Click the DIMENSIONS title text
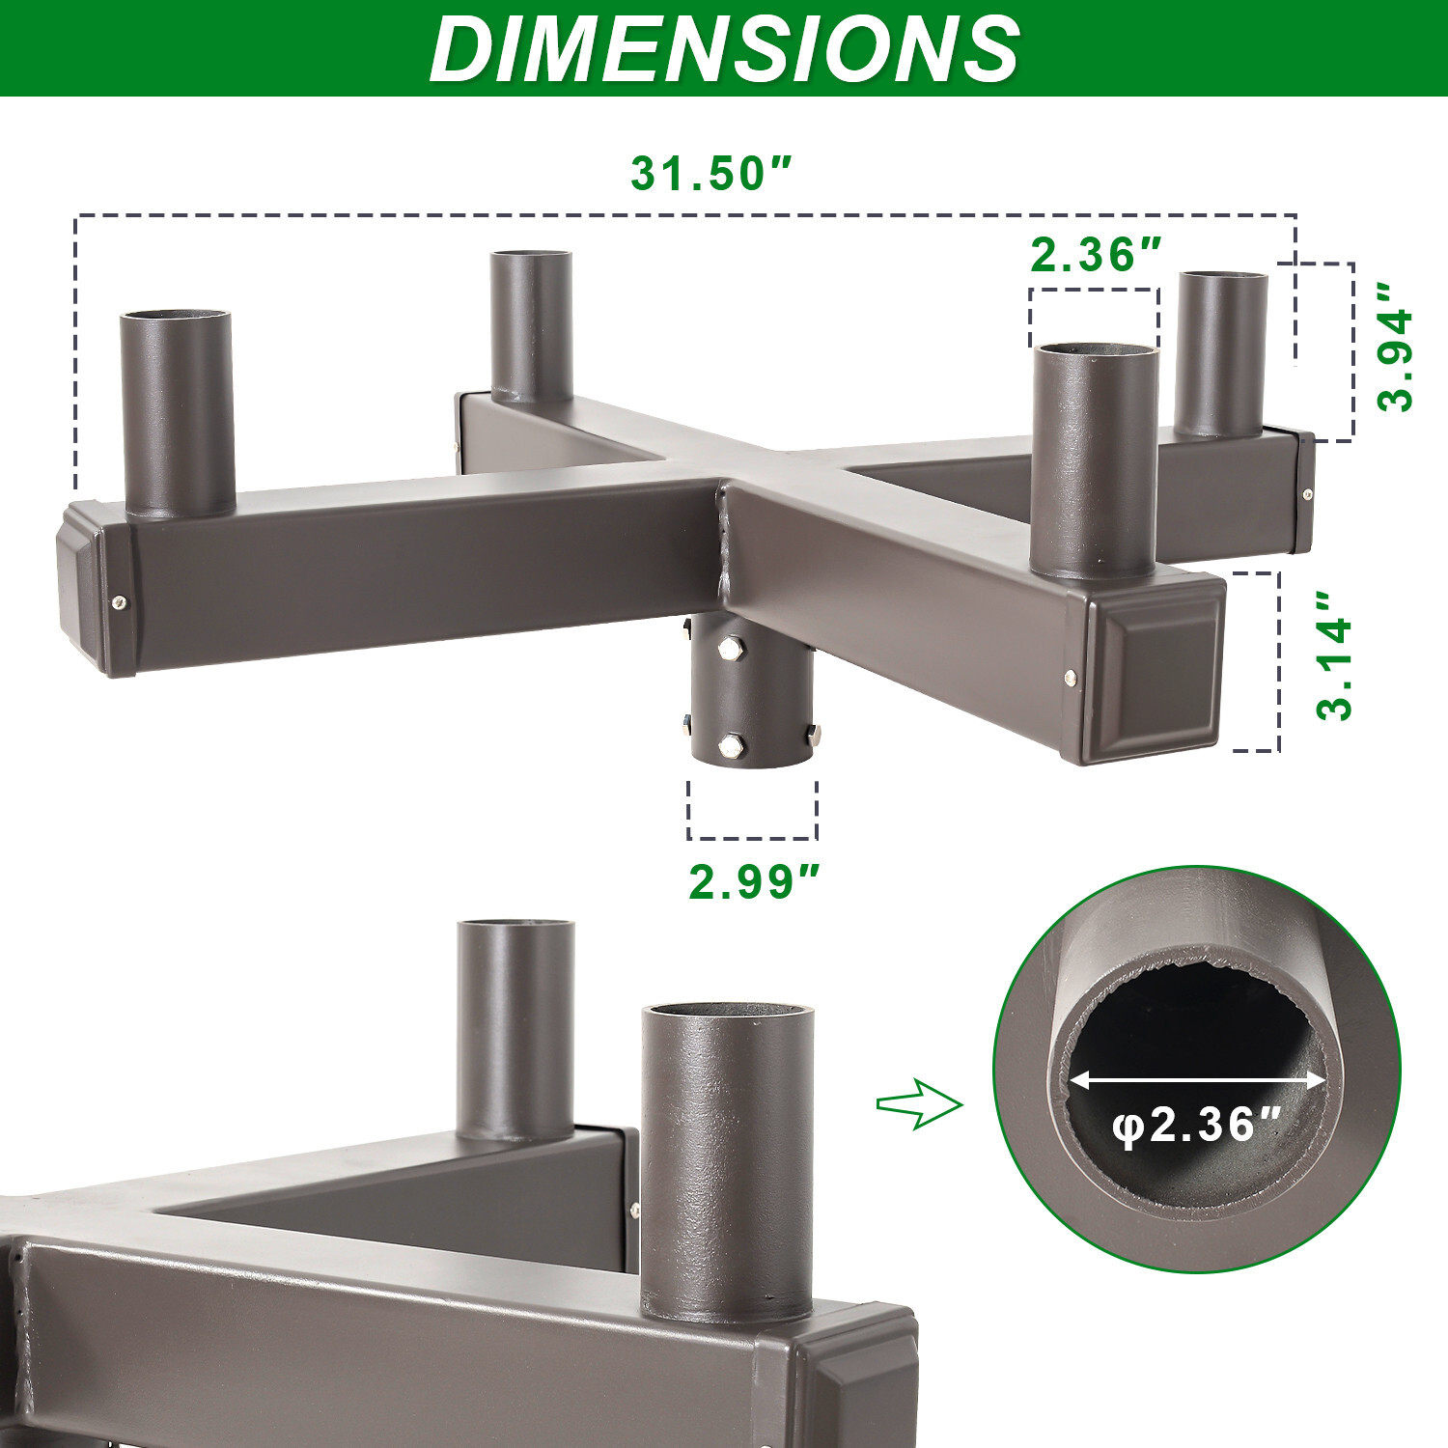pyautogui.click(x=724, y=48)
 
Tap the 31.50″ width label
pyautogui.click(x=711, y=174)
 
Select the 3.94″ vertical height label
pyautogui.click(x=1395, y=347)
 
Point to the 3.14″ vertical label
pyautogui.click(x=1335, y=656)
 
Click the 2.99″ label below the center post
pyautogui.click(x=754, y=881)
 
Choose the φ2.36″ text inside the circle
pyautogui.click(x=1197, y=1126)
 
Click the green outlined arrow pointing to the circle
pyautogui.click(x=920, y=1103)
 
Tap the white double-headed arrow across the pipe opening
pyautogui.click(x=1198, y=1080)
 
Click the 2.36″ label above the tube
pyautogui.click(x=1097, y=255)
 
